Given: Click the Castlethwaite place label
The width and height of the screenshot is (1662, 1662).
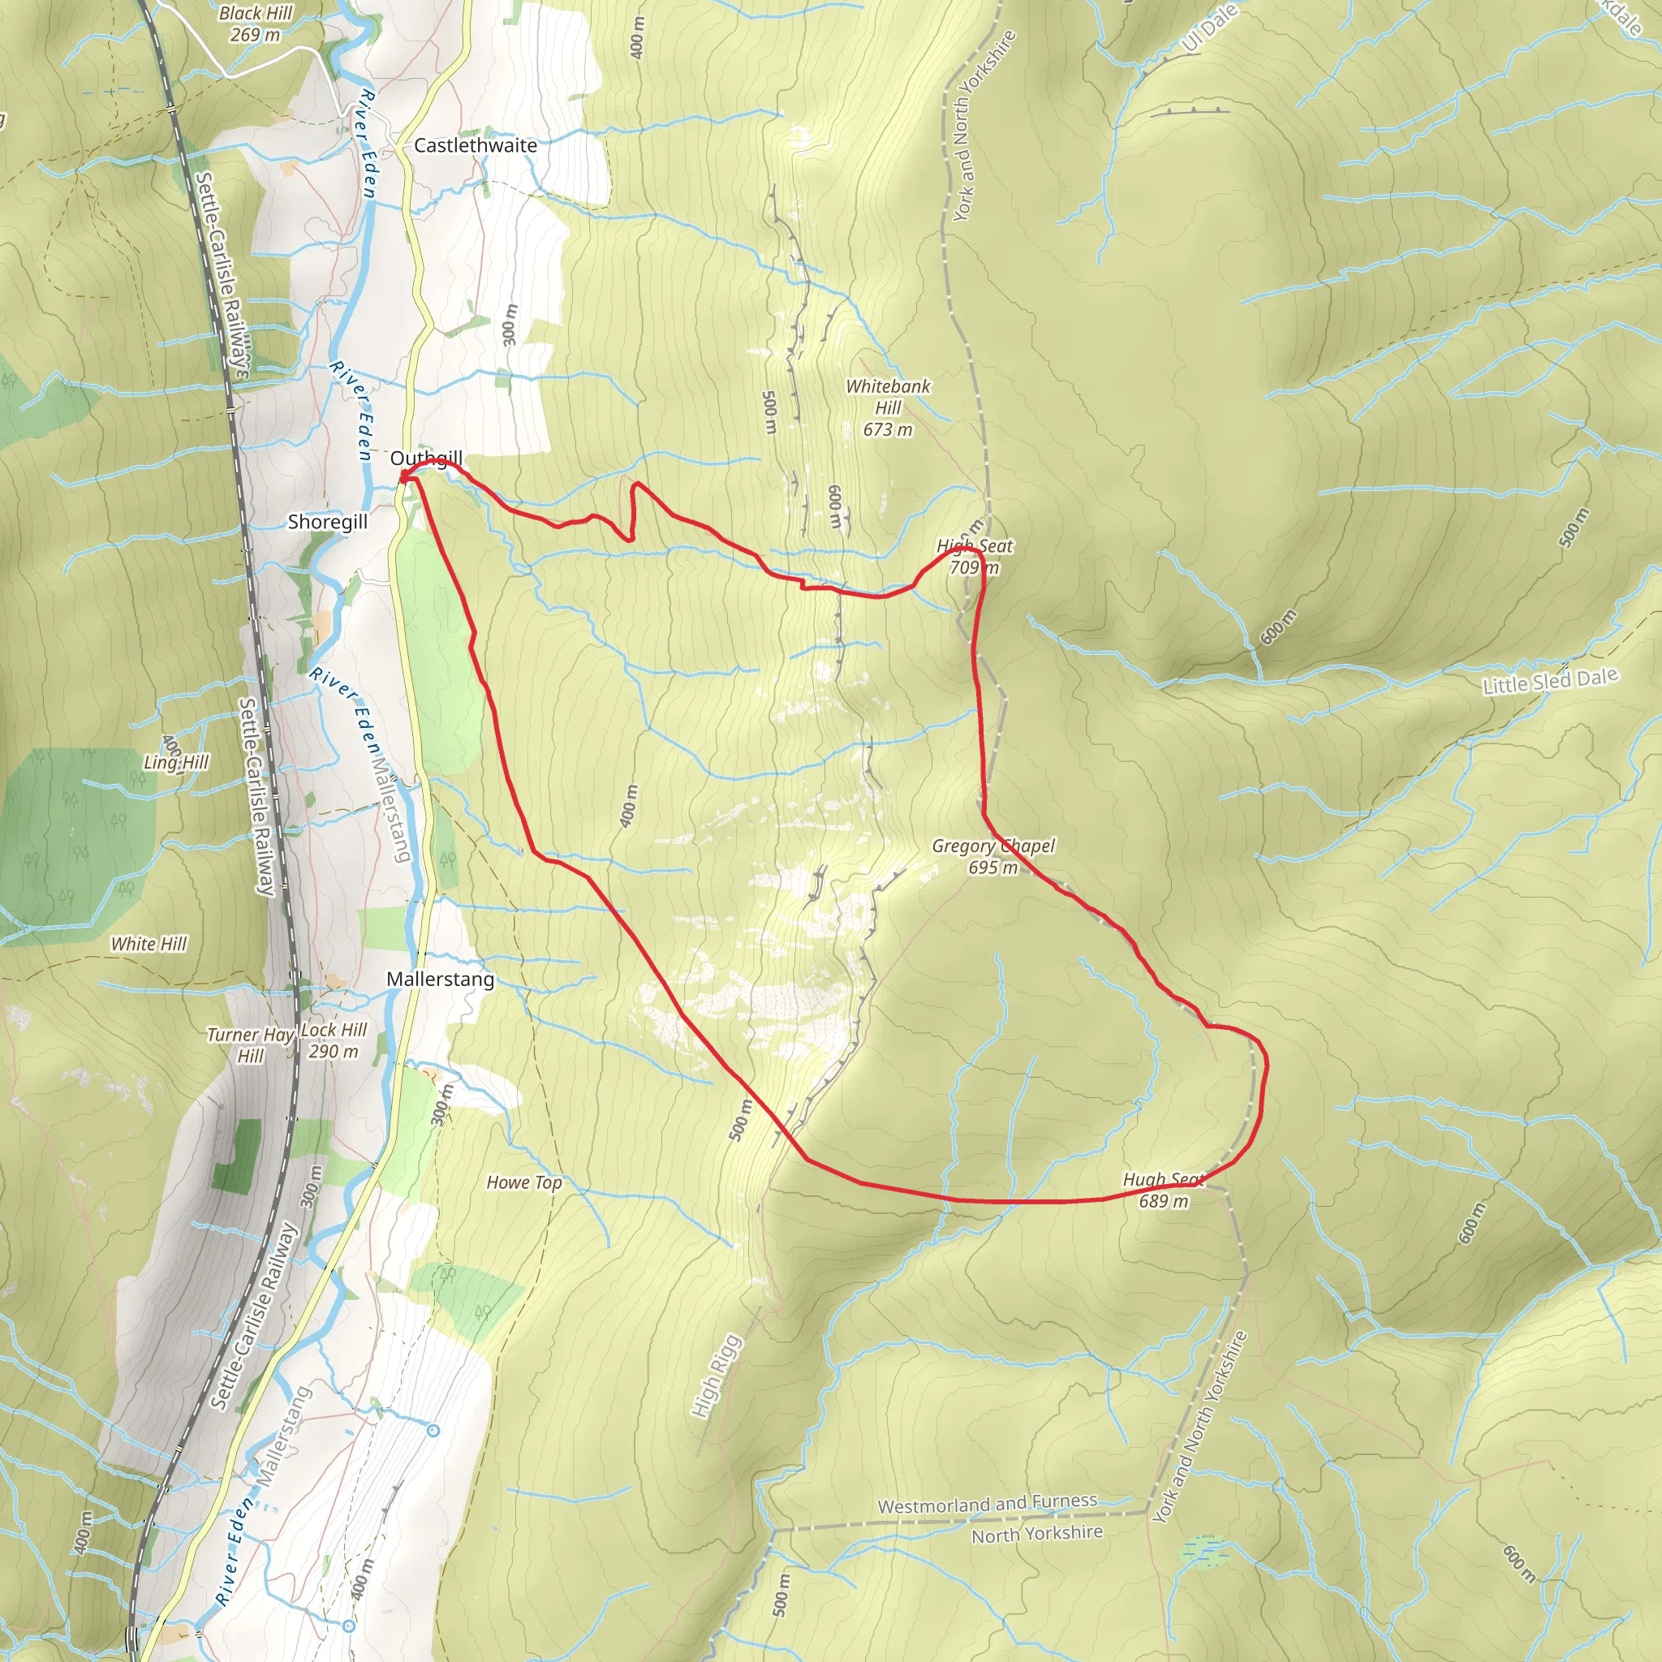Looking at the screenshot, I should click(x=475, y=145).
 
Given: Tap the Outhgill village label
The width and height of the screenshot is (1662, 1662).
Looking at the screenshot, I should click(x=426, y=458).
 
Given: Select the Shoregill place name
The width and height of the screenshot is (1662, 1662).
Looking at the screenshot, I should click(x=327, y=521).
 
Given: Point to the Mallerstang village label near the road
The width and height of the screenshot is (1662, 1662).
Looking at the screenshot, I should click(x=440, y=979).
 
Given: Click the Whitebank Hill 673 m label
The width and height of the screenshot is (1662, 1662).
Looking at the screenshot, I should click(x=888, y=407).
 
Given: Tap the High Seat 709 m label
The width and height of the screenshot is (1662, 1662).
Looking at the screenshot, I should click(x=975, y=557).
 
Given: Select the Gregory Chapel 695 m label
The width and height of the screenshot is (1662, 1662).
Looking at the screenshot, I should click(x=992, y=856).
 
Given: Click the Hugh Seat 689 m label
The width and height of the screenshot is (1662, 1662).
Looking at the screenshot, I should click(x=1163, y=1191).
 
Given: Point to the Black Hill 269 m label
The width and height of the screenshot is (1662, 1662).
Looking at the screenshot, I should click(x=255, y=24).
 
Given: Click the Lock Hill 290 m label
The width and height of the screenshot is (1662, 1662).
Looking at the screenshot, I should click(x=334, y=1040).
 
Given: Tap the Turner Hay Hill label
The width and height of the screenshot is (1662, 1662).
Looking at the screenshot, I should click(x=250, y=1044).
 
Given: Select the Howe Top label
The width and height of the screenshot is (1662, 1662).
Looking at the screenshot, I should click(x=524, y=1183).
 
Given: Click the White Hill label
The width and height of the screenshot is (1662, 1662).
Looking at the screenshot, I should click(x=148, y=944).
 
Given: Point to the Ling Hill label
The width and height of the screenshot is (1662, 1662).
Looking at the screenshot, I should click(x=176, y=762).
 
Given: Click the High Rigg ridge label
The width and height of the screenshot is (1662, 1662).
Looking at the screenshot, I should click(x=716, y=1376).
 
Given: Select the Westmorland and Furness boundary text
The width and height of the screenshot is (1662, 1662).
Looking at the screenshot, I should click(x=987, y=1505).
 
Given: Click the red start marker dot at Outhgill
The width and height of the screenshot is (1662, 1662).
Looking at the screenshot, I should click(x=403, y=476).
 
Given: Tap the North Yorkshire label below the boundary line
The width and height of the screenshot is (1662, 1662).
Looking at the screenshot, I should click(x=1036, y=1534).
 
